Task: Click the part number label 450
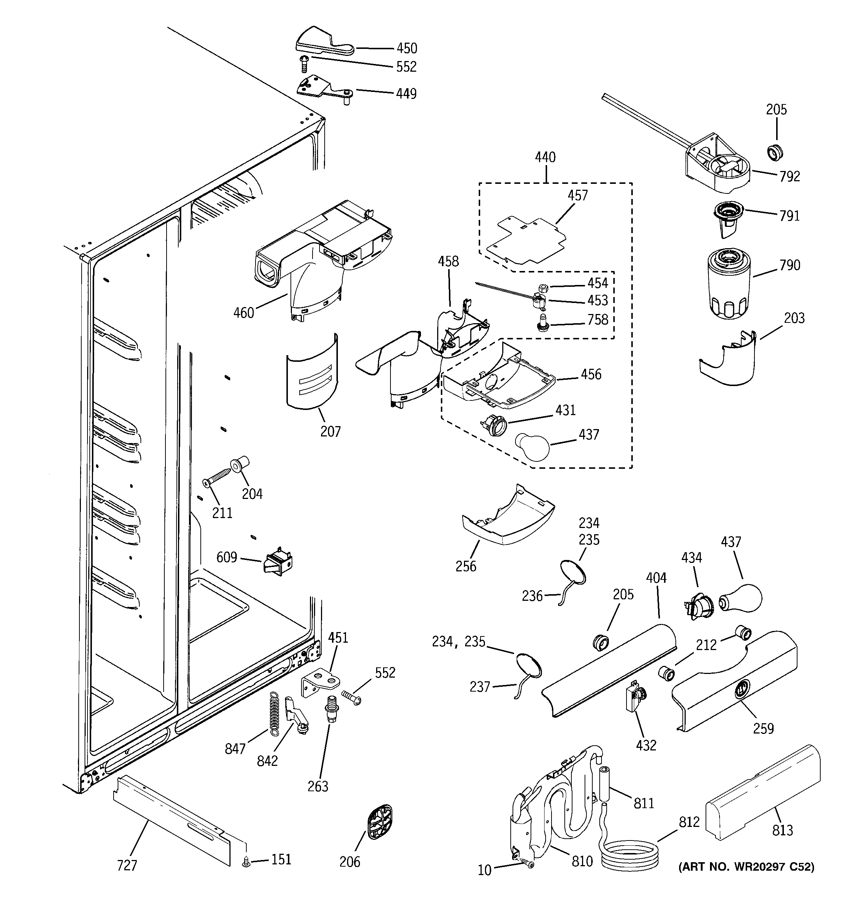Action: pyautogui.click(x=407, y=48)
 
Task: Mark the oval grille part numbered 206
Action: pyautogui.click(x=379, y=822)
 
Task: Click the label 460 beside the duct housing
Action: pyautogui.click(x=244, y=313)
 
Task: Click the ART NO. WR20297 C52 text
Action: pyautogui.click(x=746, y=867)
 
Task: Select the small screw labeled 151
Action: pyautogui.click(x=246, y=863)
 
